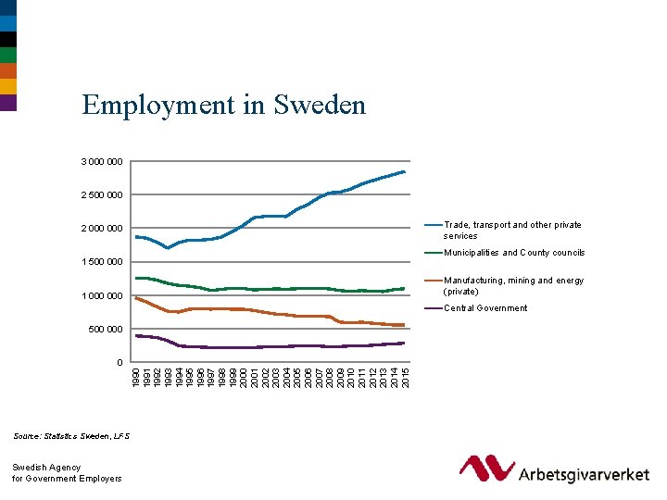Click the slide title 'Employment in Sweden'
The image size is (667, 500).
[x=223, y=105]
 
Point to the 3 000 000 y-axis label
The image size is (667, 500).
[x=101, y=162]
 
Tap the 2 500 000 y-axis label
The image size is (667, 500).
[x=101, y=195]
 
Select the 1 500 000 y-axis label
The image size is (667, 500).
[x=101, y=262]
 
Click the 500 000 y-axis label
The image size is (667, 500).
[x=106, y=330]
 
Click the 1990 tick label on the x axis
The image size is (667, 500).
[x=136, y=377]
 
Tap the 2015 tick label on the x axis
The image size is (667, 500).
[x=405, y=377]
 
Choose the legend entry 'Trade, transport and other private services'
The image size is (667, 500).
[x=512, y=231]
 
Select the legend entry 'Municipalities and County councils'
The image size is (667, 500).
[x=514, y=253]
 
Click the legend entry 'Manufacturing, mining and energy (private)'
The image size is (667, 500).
[x=513, y=285]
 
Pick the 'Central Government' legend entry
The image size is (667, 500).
[x=485, y=308]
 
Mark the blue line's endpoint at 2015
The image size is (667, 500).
[x=405, y=172]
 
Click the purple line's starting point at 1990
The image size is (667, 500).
[x=136, y=335]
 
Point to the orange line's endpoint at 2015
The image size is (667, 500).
[x=405, y=325]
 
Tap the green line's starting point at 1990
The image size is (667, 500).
[x=136, y=278]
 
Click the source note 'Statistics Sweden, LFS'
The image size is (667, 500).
[x=71, y=435]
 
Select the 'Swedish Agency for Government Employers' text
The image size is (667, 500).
[x=67, y=473]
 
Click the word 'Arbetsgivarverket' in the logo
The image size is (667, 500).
[x=584, y=474]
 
